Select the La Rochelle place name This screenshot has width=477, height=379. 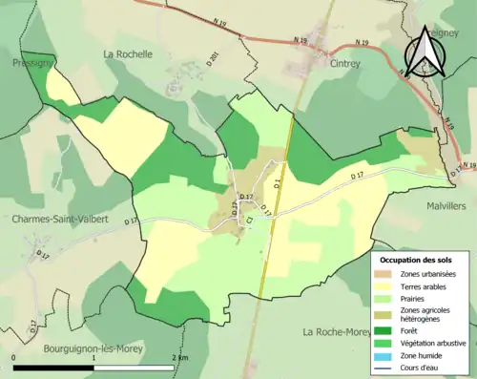click(x=128, y=54)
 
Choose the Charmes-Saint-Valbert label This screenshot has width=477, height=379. click(x=59, y=219)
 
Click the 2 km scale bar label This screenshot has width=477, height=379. click(x=179, y=356)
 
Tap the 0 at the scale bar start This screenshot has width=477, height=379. click(x=15, y=356)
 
